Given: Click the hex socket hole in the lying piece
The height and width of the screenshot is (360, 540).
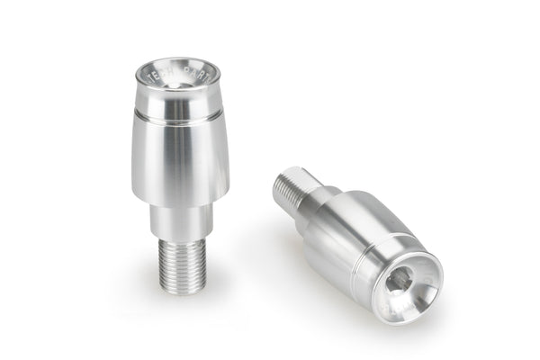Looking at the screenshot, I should coord(401,280).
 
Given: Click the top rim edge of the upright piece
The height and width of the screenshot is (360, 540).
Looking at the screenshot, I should coord(179,59).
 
